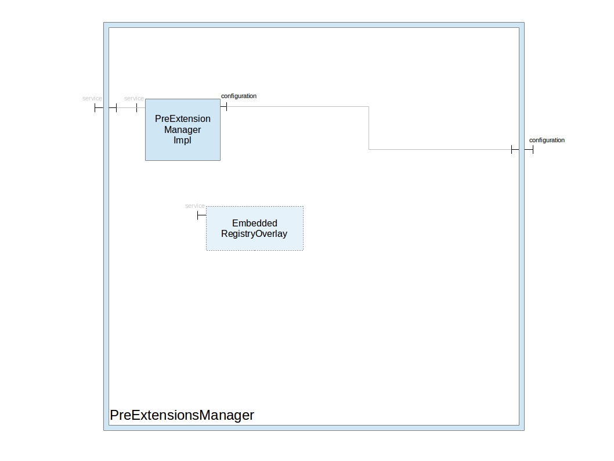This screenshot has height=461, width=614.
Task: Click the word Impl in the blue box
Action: point(182,141)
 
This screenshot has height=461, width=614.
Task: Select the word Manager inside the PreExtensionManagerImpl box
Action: point(182,129)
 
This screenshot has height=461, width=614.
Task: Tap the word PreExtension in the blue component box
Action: point(183,118)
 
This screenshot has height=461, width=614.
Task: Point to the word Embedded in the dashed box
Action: point(255,223)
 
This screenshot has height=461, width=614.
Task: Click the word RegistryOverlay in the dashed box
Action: point(254,234)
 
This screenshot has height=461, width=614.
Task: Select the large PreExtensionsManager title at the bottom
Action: point(182,415)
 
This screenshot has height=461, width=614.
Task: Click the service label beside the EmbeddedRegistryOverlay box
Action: point(195,206)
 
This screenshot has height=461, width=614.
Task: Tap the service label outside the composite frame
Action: point(92,99)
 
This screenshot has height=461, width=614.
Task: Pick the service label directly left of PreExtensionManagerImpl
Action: point(134,99)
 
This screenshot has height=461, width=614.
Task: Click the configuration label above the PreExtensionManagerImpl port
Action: point(239,96)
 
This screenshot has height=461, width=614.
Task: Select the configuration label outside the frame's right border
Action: point(547,140)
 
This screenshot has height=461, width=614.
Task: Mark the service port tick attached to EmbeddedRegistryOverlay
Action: point(198,215)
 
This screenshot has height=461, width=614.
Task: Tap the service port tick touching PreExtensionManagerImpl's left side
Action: point(137,107)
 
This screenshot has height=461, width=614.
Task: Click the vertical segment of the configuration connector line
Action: point(369,128)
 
